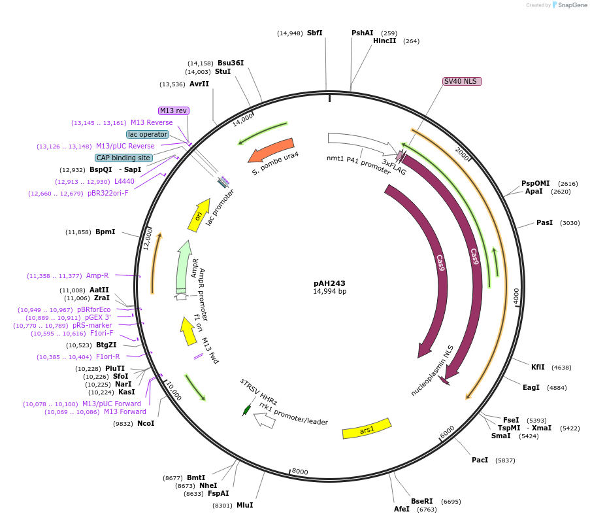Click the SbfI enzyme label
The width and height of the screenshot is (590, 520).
pos(314,33)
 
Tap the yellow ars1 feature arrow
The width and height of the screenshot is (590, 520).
pos(367,428)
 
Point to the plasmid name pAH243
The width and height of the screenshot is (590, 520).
pos(329,283)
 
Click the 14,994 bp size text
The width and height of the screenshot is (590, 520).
pos(329,292)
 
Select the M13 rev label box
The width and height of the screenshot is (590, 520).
pos(173,111)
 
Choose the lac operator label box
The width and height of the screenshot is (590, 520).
pos(148,134)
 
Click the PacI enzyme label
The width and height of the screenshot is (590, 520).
pos(480,460)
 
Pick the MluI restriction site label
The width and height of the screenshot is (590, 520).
pos(244,505)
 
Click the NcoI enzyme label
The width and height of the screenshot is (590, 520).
pos(146,424)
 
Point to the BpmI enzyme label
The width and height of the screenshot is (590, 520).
pos(105,232)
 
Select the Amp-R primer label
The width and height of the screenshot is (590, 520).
pos(97,275)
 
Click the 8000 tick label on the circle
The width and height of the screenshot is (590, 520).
pos(299,471)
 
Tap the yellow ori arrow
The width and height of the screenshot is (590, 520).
pos(199,214)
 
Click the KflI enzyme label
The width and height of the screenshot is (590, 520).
pos(538,368)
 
